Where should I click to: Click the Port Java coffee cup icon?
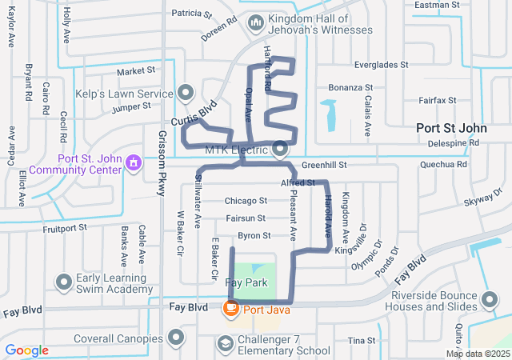[230, 307]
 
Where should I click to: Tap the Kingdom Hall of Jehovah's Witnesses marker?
[256, 23]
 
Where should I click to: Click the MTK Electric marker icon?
[280, 149]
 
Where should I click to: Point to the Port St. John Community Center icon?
[134, 163]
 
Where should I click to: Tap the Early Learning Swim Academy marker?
[64, 282]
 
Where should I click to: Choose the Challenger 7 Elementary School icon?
[227, 343]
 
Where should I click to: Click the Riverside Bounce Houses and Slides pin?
[490, 300]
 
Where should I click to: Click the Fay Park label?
[246, 283]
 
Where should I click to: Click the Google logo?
[27, 350]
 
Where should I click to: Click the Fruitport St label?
[65, 229]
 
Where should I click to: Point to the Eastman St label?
[438, 5]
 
